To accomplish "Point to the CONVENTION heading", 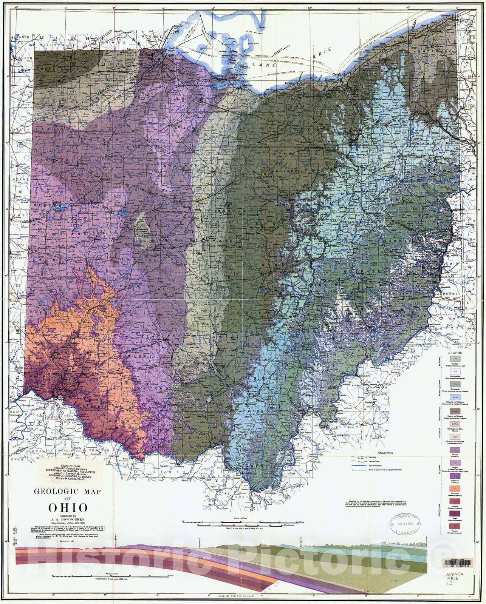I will (383, 453).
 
